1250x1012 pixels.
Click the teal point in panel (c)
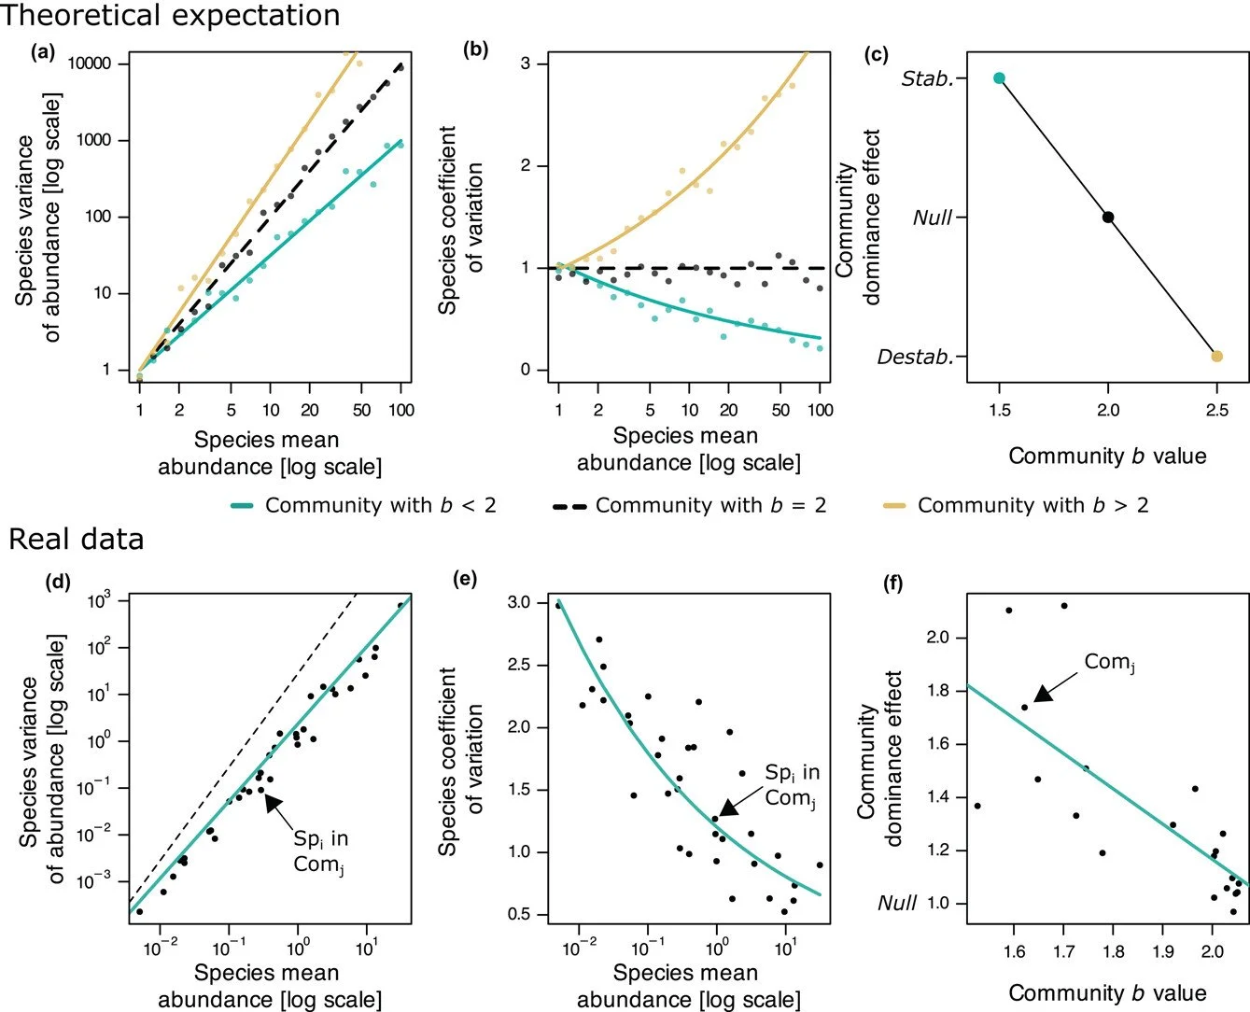tap(999, 78)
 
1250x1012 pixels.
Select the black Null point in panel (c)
tap(1108, 217)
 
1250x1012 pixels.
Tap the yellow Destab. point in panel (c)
tap(1216, 356)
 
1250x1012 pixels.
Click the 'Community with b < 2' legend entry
tap(364, 506)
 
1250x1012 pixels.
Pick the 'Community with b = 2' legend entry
tap(690, 506)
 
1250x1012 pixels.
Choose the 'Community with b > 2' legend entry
tap(1017, 506)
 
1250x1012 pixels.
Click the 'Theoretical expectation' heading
tap(171, 15)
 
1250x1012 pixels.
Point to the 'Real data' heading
tap(77, 540)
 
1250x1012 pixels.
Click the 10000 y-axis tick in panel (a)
tap(90, 63)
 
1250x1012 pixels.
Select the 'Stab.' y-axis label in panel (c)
tap(927, 79)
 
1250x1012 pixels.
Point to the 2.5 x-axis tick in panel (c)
tap(1216, 410)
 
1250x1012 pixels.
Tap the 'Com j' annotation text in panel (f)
tap(1109, 663)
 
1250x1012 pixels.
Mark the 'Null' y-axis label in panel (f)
tap(897, 903)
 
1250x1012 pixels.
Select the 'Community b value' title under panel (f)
tap(1107, 992)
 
